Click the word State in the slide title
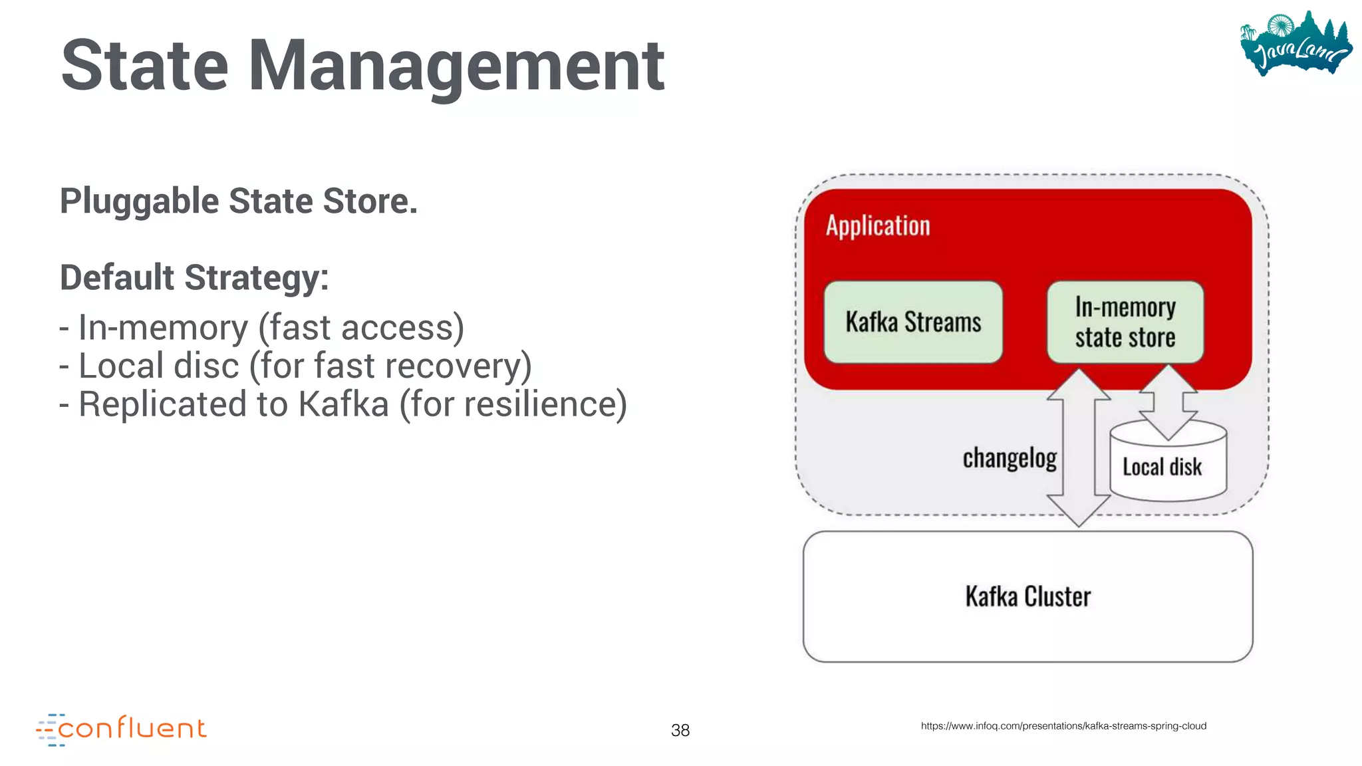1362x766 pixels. [x=145, y=66]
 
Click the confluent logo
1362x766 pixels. [x=122, y=729]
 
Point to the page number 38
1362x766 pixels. [x=680, y=730]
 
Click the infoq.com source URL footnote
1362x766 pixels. [x=1063, y=725]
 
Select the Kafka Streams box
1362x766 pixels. [x=912, y=322]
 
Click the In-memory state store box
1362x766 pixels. [x=1125, y=322]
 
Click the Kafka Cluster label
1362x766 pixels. [x=1027, y=596]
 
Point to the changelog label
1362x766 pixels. [x=1009, y=459]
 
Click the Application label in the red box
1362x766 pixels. [x=877, y=226]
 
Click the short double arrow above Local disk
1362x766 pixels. [x=1168, y=402]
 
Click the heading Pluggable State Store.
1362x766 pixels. [x=239, y=201]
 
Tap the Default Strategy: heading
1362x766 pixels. [x=194, y=277]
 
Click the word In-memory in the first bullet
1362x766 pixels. [x=163, y=328]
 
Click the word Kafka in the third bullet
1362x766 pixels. [x=343, y=404]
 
